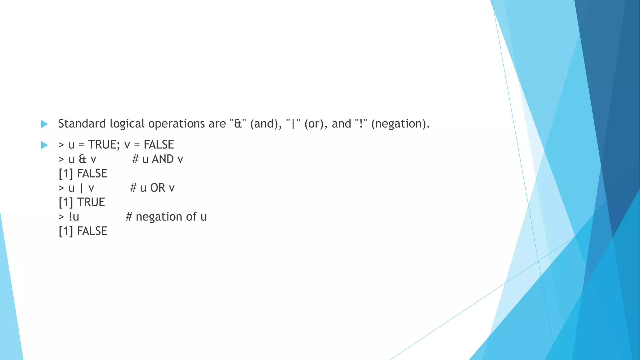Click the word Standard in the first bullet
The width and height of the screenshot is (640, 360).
(82, 124)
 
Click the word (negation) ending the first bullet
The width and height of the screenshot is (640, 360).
(400, 124)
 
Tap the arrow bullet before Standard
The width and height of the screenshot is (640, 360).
(44, 124)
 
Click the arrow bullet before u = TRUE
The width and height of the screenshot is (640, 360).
(44, 145)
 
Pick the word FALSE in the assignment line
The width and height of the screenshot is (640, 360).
(159, 145)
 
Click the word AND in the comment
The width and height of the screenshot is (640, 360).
(163, 159)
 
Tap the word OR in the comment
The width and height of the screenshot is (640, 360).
(157, 188)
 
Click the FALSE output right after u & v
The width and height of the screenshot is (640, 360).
(92, 174)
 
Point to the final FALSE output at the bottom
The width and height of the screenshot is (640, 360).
(92, 231)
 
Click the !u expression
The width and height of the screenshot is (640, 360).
(74, 217)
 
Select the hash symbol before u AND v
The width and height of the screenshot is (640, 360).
(135, 159)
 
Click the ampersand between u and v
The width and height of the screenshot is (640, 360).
(82, 159)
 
